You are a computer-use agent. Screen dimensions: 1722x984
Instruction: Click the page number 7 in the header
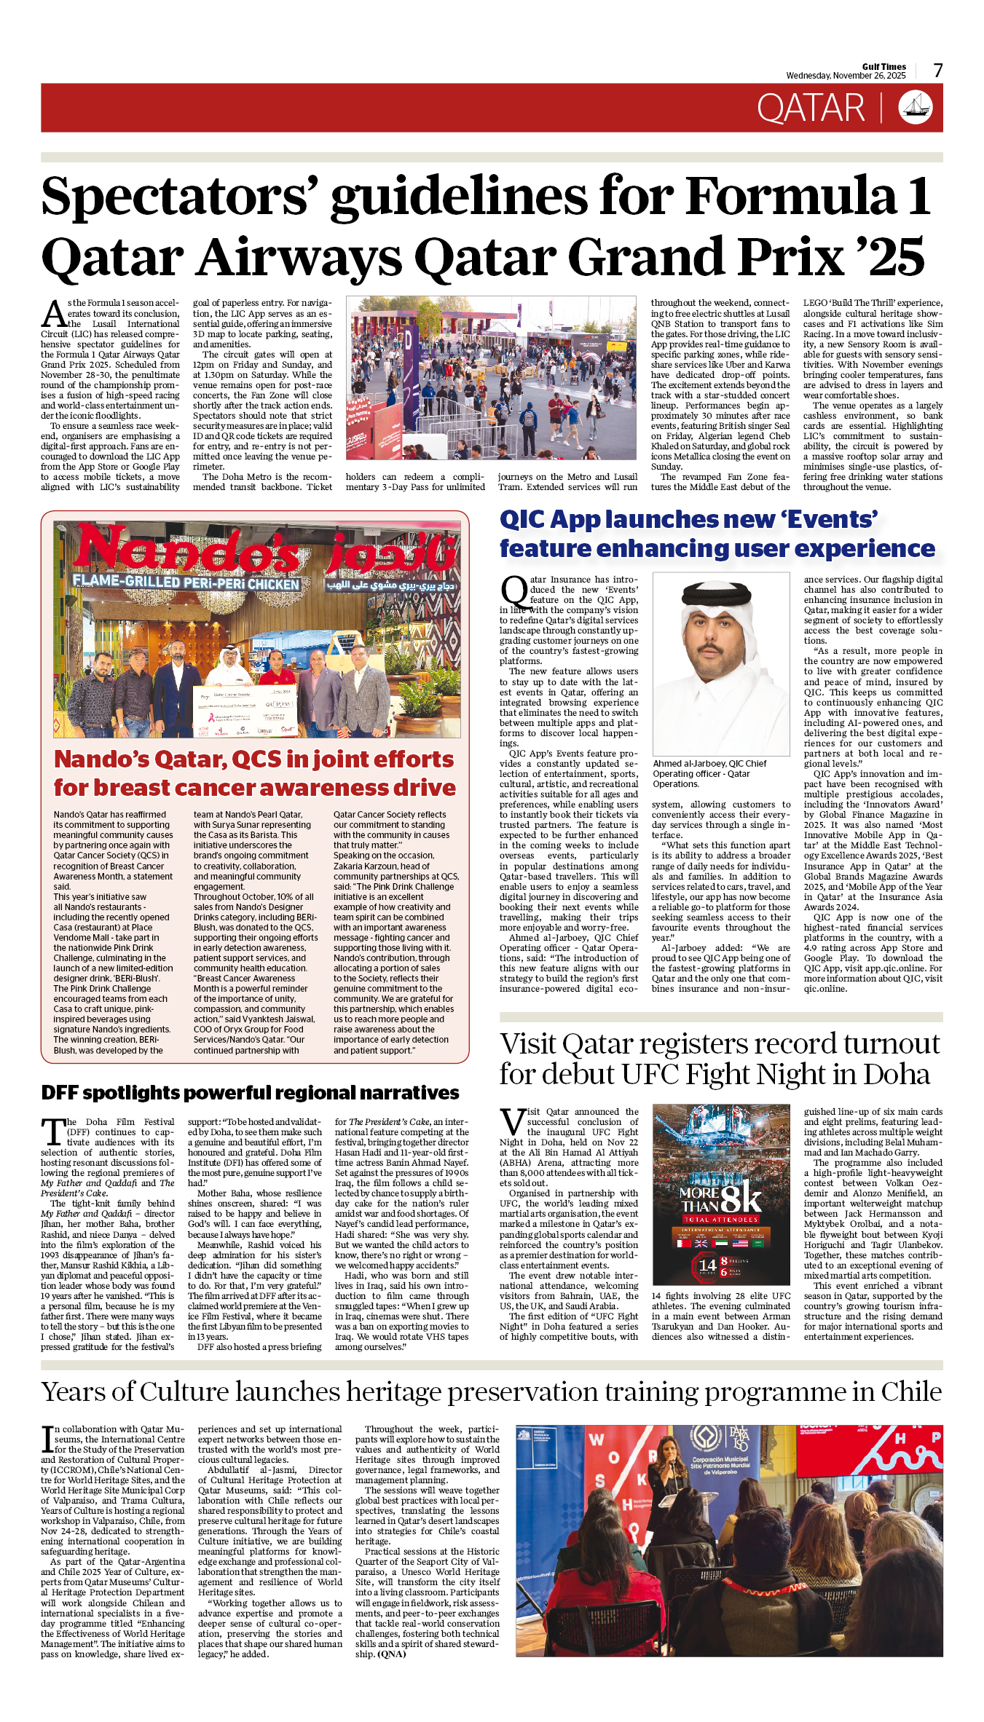point(938,71)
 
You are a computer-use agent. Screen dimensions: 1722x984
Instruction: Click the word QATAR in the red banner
point(810,108)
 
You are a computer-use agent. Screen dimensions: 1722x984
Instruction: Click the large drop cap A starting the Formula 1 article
point(53,314)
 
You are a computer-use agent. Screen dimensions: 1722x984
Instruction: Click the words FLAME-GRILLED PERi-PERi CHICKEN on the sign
point(186,582)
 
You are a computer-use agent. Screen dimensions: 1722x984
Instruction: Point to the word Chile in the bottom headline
point(910,1391)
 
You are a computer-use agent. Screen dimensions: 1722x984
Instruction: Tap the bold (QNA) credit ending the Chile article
point(391,1654)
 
